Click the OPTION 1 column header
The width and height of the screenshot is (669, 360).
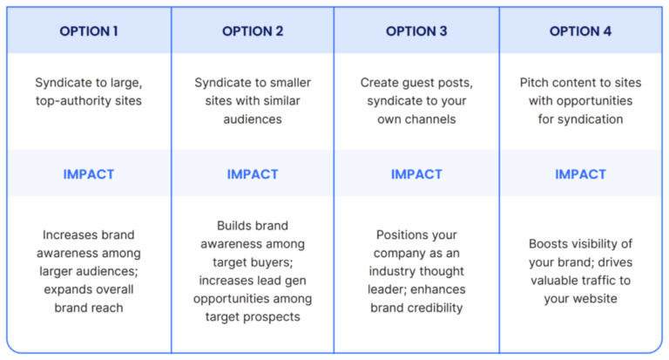tap(89, 31)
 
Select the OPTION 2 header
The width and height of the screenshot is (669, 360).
tap(253, 31)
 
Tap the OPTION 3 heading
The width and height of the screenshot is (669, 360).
tap(416, 31)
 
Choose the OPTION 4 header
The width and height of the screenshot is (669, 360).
tap(580, 31)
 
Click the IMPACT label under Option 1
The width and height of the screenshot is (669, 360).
tap(89, 174)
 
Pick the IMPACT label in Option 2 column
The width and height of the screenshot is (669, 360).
tap(253, 174)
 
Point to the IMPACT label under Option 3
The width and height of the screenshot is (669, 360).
tap(416, 174)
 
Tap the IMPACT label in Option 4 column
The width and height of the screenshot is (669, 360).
tap(580, 174)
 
